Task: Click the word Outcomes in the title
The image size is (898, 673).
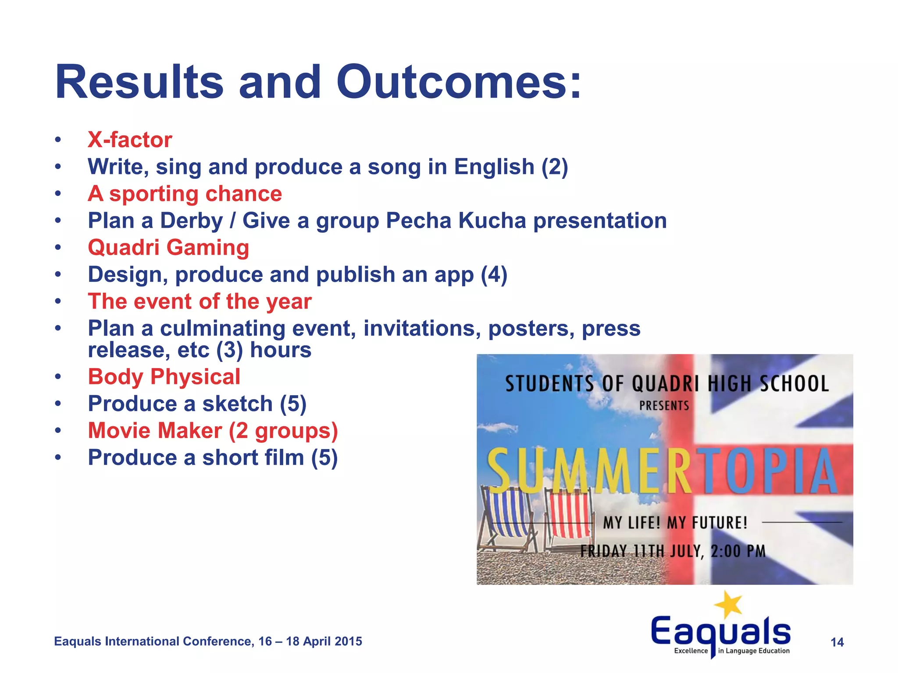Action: point(459,82)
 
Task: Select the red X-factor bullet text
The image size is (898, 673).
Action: point(130,140)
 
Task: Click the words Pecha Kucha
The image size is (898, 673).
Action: point(456,220)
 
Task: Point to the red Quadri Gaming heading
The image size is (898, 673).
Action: point(168,248)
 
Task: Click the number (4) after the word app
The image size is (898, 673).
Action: point(494,275)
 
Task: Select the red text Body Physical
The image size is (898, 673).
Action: point(164,377)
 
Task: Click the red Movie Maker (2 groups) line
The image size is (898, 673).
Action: point(213,431)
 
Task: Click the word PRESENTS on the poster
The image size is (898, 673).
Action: point(664,406)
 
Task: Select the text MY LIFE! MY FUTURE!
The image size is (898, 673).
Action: point(675,523)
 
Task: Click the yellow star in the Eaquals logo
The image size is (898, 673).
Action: point(729,605)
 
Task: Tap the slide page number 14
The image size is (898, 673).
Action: point(837,642)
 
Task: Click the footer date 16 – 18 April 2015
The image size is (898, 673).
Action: point(310,641)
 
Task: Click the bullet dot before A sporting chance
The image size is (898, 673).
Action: point(58,194)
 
